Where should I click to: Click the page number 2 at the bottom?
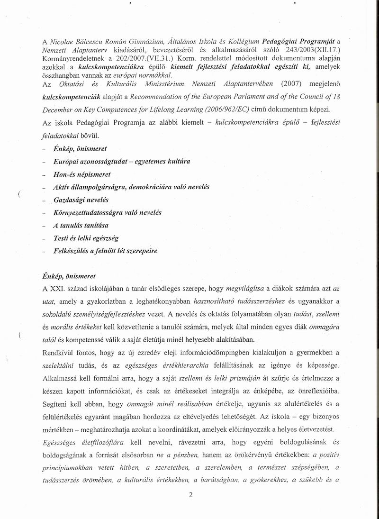pyautogui.click(x=190, y=496)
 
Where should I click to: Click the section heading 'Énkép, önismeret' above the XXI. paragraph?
pyautogui.click(x=69, y=276)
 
